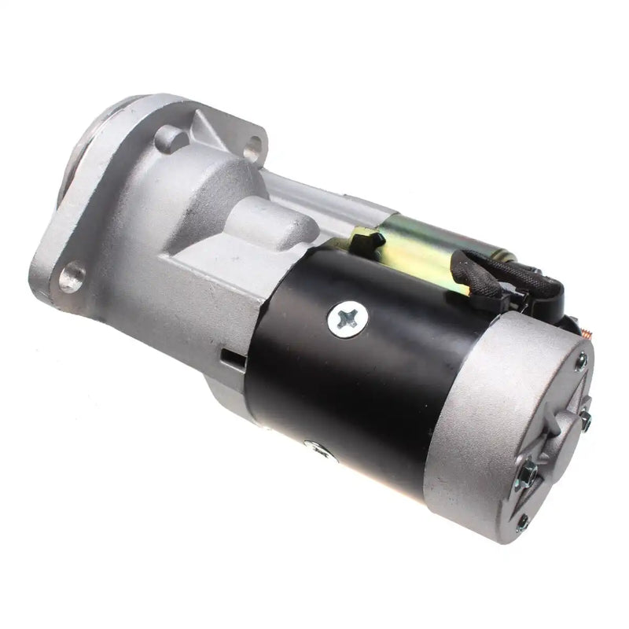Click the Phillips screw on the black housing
(x=348, y=318)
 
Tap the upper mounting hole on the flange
(x=252, y=146)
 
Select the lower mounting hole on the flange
(x=72, y=277)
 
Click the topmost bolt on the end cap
(x=581, y=361)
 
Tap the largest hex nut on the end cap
(x=529, y=473)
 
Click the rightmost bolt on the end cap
(x=586, y=421)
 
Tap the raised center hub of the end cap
(x=563, y=429)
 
